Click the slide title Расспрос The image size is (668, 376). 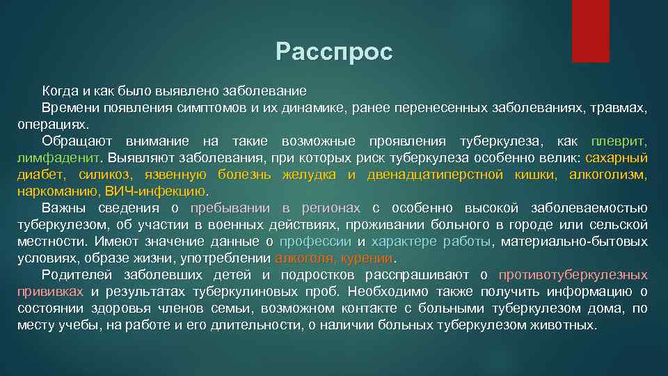tap(334, 52)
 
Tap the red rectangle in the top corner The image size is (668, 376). tap(590, 31)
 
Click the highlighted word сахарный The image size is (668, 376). tap(617, 158)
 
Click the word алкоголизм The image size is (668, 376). tap(607, 175)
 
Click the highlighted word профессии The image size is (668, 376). tap(315, 242)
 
